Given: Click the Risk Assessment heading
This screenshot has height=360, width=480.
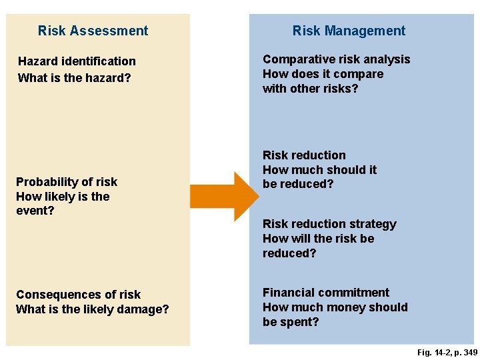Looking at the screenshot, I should [93, 31].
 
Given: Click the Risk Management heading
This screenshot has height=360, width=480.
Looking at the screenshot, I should [349, 31].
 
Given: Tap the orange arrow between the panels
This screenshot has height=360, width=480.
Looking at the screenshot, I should [223, 196].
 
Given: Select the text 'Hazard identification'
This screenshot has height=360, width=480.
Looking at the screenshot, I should [77, 61].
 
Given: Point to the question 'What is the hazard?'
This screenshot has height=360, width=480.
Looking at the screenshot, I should [74, 77].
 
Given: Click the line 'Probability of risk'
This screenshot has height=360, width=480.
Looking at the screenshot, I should [67, 182].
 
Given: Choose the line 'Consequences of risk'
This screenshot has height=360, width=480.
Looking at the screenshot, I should [78, 295].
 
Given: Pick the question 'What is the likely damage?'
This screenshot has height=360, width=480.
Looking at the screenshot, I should [93, 309].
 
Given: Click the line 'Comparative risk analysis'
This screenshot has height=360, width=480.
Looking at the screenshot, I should [337, 59].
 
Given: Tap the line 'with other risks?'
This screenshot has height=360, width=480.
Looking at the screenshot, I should [311, 89].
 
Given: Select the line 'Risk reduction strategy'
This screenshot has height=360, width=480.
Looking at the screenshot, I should [329, 224].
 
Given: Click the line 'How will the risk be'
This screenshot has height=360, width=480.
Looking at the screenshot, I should [319, 239].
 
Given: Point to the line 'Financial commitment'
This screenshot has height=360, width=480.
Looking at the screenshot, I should [326, 293].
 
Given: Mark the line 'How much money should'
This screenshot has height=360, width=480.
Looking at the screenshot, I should [335, 307].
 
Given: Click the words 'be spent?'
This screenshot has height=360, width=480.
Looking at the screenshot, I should [291, 322].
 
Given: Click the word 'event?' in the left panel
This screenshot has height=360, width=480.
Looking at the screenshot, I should [35, 211].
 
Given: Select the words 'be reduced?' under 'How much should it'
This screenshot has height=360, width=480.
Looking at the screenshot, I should [298, 185].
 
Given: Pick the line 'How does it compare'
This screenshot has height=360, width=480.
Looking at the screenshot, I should [323, 74].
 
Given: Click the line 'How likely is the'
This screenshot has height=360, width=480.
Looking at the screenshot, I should [63, 197].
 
